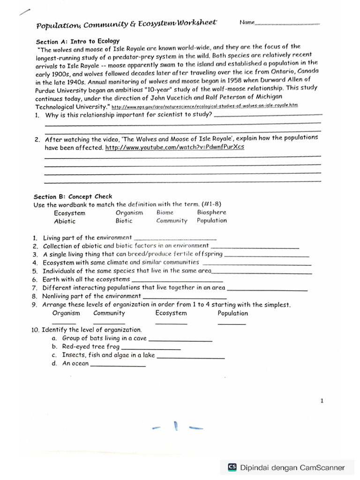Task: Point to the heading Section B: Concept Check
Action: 73,196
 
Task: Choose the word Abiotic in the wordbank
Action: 65,221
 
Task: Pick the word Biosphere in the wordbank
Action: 211,212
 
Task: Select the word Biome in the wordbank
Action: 165,212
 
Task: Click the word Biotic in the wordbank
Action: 124,221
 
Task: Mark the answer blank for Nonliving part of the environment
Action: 184,298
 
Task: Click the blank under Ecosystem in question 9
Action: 171,323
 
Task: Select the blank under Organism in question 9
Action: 64,323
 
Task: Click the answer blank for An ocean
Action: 118,365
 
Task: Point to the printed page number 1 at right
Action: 322,401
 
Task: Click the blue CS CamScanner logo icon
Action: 232,467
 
